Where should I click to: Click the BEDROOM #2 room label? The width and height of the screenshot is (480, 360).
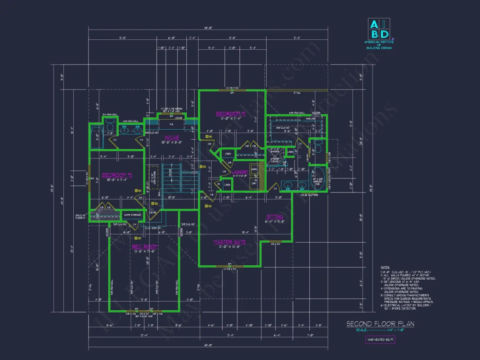point(231,114)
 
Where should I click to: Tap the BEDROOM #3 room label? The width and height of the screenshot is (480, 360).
point(117,175)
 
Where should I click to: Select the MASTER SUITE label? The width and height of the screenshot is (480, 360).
point(229,242)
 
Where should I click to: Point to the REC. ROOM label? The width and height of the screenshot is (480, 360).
point(144,247)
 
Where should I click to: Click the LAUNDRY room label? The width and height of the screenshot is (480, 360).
point(240,172)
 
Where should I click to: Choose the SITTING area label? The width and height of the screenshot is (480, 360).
point(275,216)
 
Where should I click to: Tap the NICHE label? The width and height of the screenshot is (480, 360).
point(172,138)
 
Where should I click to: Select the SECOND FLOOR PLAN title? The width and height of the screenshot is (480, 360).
point(380,324)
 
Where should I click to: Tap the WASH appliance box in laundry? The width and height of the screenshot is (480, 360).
point(254,169)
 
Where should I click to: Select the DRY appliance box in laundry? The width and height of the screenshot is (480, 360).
point(254,183)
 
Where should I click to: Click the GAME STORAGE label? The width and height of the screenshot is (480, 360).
point(132,215)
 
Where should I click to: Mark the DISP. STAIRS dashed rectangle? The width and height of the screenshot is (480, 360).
point(153,179)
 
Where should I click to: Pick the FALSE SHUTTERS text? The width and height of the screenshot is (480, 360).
point(309,195)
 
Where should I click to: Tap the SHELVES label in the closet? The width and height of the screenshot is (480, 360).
point(310,118)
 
